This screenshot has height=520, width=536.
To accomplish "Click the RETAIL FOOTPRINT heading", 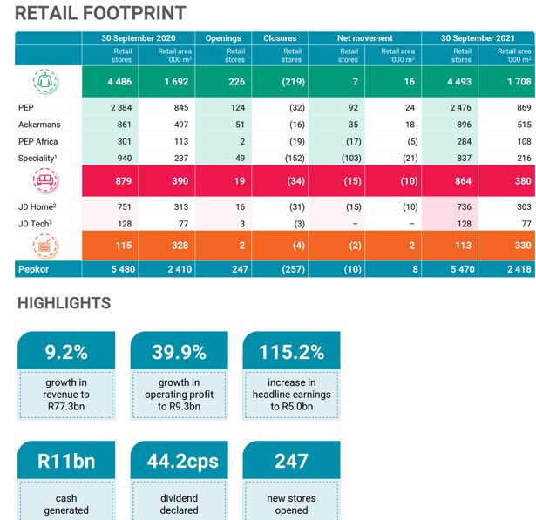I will click(x=101, y=13).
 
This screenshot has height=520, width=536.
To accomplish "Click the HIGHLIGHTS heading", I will click(x=64, y=303).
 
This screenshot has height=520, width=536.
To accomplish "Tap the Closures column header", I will click(x=280, y=38).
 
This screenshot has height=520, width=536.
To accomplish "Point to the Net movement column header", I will click(x=365, y=38).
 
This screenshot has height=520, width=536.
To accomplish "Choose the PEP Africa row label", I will click(x=37, y=141).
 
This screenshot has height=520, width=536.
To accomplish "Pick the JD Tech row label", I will click(x=36, y=223).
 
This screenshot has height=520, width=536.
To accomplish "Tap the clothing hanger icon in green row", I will click(x=46, y=82).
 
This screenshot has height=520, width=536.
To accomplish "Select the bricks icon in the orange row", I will click(x=46, y=246).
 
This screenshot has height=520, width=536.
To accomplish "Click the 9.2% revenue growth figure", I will click(x=66, y=352).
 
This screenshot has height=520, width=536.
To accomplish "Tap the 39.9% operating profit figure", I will click(x=179, y=352).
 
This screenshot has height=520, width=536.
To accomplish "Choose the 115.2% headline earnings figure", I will click(x=291, y=352).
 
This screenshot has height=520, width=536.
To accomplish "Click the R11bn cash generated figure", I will click(x=66, y=461).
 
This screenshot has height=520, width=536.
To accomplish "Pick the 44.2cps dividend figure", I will click(x=179, y=461).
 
